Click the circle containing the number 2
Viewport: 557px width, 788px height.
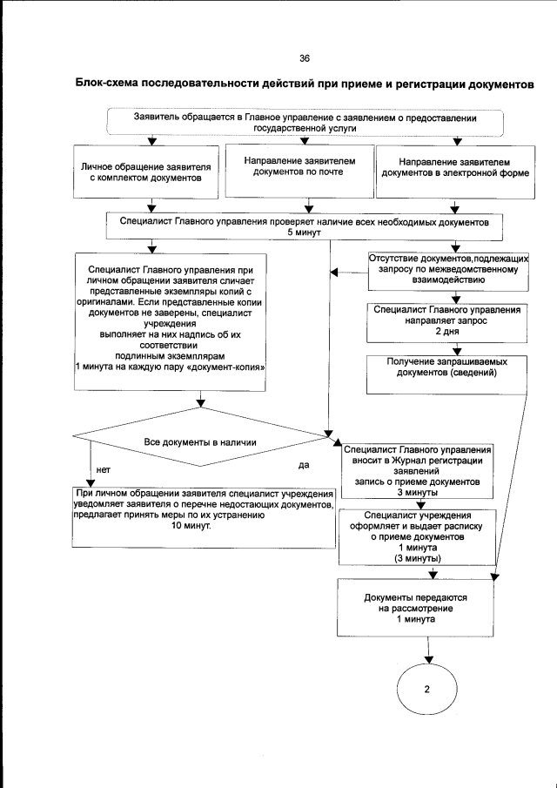coord(427,689)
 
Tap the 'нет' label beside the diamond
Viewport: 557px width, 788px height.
coord(103,469)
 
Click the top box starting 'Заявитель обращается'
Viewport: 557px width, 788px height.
coord(306,120)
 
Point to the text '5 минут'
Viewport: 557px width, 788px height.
coord(305,233)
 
